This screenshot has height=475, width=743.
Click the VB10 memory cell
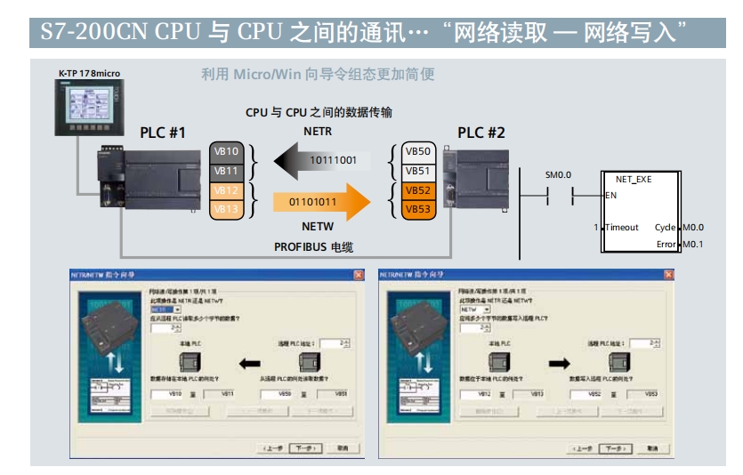226,151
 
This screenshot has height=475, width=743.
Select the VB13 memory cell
226,209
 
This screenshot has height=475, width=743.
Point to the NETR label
317,132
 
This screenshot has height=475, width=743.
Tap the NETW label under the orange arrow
317,227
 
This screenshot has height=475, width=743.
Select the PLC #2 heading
481,133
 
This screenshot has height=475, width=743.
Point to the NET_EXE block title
634,179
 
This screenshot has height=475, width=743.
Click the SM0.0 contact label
558,175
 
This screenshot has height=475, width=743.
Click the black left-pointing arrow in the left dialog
251,363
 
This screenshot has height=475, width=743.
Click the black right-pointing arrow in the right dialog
557,363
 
